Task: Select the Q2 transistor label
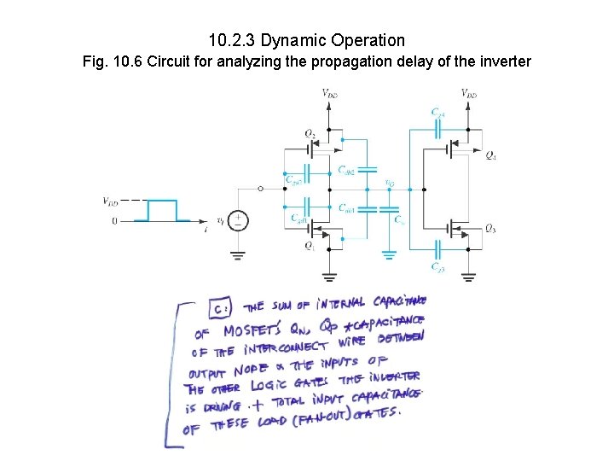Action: click(x=310, y=132)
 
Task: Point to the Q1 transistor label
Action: click(x=310, y=245)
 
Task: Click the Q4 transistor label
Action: click(x=491, y=155)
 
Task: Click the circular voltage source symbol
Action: click(x=239, y=220)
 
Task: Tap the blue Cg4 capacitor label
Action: click(x=437, y=113)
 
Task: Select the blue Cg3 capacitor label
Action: click(x=437, y=267)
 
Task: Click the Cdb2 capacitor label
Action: click(x=346, y=171)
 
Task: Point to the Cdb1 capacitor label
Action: click(x=346, y=207)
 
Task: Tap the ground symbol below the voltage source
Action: click(x=239, y=254)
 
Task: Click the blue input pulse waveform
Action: click(x=162, y=211)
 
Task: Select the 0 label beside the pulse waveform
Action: click(x=113, y=220)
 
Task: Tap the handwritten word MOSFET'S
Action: click(x=251, y=331)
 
